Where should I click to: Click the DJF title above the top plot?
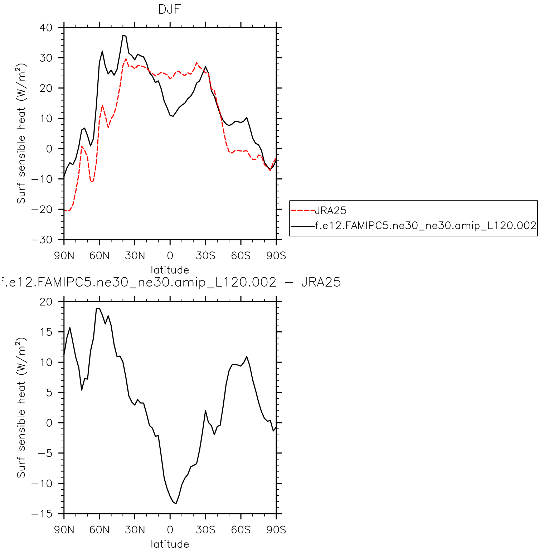click(170, 10)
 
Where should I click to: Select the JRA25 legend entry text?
click(330, 211)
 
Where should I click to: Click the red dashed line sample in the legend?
click(303, 211)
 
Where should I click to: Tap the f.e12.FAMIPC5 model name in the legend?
click(426, 226)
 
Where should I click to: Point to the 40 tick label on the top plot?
click(45, 28)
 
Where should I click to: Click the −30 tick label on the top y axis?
click(42, 240)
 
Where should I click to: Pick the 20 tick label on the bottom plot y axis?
click(46, 302)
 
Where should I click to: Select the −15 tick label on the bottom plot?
click(42, 514)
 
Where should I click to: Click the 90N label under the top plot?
click(64, 256)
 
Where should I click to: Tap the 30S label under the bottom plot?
click(205, 530)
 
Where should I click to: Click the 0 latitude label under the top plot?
click(170, 256)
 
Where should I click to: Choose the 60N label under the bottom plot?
click(100, 530)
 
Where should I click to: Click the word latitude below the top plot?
click(170, 270)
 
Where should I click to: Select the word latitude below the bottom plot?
click(170, 544)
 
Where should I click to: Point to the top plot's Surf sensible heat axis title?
click(21, 134)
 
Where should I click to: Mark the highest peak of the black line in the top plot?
click(123, 35)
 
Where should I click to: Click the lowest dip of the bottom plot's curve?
click(176, 504)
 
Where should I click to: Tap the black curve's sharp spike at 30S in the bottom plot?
click(205, 411)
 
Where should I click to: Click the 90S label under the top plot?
click(276, 256)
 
